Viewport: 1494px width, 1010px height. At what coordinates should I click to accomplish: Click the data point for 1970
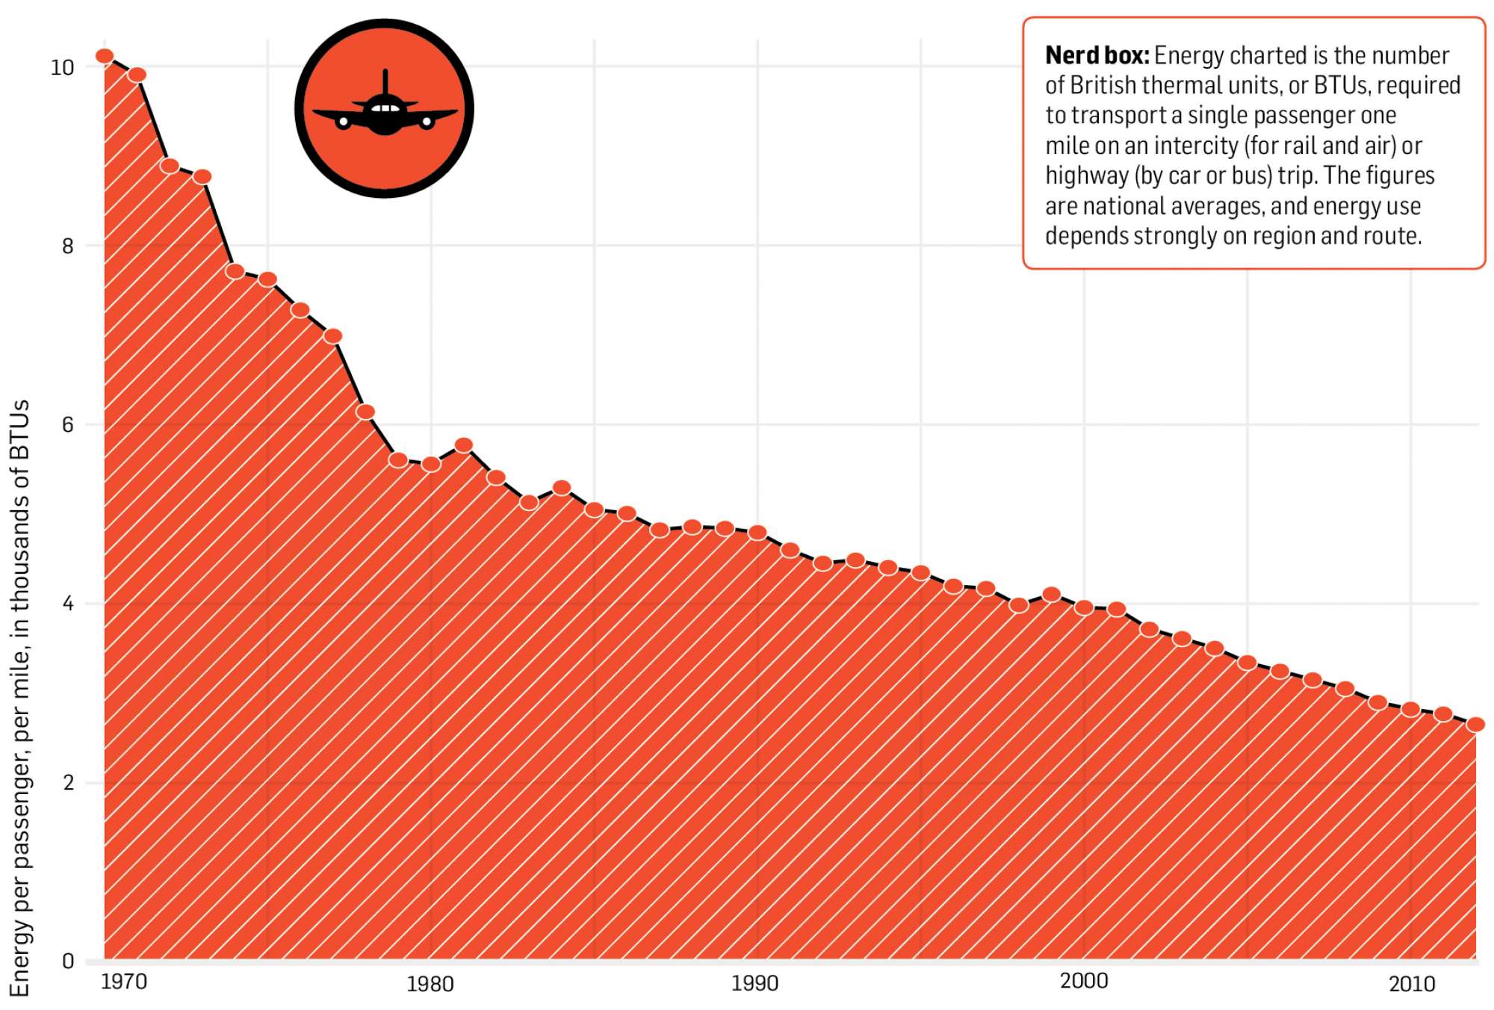[x=105, y=56]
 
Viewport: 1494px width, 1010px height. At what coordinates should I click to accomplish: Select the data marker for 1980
[x=431, y=464]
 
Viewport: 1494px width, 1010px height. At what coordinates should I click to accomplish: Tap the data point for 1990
[x=757, y=533]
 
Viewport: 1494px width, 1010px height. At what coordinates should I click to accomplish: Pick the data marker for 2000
[x=1084, y=607]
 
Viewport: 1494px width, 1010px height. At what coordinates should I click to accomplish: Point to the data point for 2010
[x=1410, y=709]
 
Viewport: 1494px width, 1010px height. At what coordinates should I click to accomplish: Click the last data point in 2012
[x=1475, y=724]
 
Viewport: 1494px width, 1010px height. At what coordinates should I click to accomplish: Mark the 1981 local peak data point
[x=464, y=445]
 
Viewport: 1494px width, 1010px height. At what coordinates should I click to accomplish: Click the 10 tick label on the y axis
[x=62, y=68]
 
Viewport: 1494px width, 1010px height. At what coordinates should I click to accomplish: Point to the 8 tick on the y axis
[x=68, y=247]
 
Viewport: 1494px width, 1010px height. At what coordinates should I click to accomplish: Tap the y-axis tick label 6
[x=68, y=425]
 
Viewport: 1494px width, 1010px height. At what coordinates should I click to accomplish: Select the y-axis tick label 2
[x=68, y=783]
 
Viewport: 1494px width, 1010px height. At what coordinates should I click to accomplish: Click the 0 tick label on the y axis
[x=68, y=961]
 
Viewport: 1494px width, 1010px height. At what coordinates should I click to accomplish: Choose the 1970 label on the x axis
[x=123, y=982]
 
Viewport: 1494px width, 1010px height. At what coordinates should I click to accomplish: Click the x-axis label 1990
[x=754, y=983]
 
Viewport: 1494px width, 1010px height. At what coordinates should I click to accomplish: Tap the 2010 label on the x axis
[x=1412, y=984]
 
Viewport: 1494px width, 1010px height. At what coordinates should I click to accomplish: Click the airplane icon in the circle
[x=385, y=109]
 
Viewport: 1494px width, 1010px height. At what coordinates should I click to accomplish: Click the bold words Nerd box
[x=1097, y=55]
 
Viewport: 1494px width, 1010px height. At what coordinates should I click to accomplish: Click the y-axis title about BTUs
[x=21, y=698]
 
